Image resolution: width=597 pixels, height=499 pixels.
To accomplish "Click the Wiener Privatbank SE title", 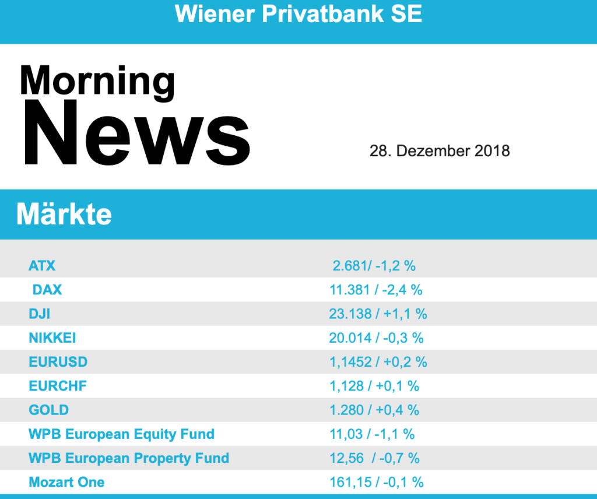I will pyautogui.click(x=298, y=13).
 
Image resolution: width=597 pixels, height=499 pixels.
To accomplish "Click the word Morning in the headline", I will pyautogui.click(x=97, y=82).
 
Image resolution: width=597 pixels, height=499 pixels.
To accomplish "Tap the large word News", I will pyautogui.click(x=136, y=133).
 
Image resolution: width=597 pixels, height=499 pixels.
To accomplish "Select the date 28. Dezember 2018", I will pyautogui.click(x=440, y=151).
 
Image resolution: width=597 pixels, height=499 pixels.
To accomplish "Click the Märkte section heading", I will pyautogui.click(x=64, y=215).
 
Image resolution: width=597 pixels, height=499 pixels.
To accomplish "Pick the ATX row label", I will pyautogui.click(x=42, y=266).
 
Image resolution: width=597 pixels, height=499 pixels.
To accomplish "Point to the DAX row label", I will pyautogui.click(x=47, y=290).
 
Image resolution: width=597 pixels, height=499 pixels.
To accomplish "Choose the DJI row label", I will pyautogui.click(x=40, y=314).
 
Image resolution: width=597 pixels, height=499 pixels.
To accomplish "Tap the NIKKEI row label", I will pyautogui.click(x=52, y=338).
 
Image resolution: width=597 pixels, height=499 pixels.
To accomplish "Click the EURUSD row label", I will pyautogui.click(x=58, y=361).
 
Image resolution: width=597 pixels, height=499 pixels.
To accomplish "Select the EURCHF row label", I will pyautogui.click(x=58, y=385).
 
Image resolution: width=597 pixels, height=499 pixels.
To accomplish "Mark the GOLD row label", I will pyautogui.click(x=49, y=410).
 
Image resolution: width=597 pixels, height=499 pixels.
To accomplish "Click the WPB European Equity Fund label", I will pyautogui.click(x=121, y=434).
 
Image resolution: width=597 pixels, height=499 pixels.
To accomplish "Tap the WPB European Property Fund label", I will pyautogui.click(x=129, y=458).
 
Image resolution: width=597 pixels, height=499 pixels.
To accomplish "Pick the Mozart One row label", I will pyautogui.click(x=66, y=482).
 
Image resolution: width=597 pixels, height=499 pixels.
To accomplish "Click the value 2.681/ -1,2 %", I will pyautogui.click(x=374, y=266).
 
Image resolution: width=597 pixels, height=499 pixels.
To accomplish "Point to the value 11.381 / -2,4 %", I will pyautogui.click(x=376, y=290).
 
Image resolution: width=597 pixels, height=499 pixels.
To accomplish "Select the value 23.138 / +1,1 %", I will pyautogui.click(x=378, y=314).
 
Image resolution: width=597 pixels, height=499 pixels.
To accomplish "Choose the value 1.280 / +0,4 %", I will pyautogui.click(x=374, y=410).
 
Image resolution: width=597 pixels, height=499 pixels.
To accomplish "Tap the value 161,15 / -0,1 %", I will pyautogui.click(x=377, y=482).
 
